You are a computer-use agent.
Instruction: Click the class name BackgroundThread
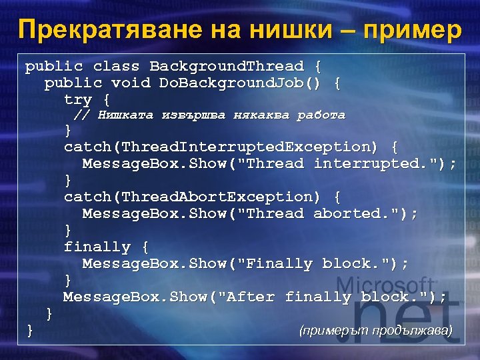click(227, 67)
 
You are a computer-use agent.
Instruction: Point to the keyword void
click(131, 83)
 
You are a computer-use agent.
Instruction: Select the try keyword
click(78, 100)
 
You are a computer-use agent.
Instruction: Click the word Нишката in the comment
click(126, 115)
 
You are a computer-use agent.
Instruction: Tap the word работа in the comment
click(321, 115)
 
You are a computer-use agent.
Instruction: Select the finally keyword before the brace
click(97, 247)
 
